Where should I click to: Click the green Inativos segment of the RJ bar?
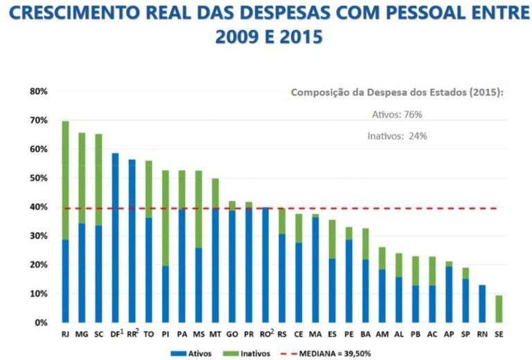(x=65, y=181)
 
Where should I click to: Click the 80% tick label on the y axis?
(x=37, y=91)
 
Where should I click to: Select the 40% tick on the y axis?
(x=37, y=207)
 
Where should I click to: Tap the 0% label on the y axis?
(x=40, y=323)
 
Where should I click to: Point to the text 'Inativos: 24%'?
(x=397, y=136)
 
